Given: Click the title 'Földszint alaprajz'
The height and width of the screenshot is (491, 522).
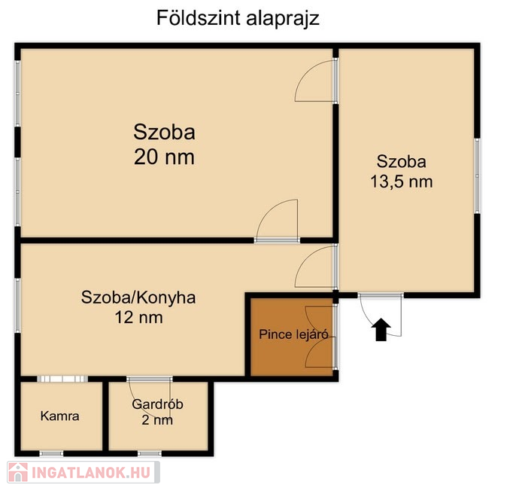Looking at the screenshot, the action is pos(238,18).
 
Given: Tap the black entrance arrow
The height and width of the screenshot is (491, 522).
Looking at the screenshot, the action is pos(381,330).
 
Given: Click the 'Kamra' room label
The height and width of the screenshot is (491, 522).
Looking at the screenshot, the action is pos(60,416).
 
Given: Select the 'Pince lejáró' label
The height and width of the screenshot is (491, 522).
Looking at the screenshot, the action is pos(293,334).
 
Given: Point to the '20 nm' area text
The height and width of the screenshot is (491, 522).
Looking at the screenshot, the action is pos(164,157).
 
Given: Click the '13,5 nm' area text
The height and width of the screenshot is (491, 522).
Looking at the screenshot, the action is pos(402,182).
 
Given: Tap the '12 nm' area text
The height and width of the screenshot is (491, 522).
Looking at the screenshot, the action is pos(139,317).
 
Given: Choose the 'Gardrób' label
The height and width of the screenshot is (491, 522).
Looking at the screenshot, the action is pos(157,404).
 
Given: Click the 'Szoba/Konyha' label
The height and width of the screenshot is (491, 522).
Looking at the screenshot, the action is pos(138,297).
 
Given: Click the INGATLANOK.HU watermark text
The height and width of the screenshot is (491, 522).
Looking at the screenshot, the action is pos(90,473).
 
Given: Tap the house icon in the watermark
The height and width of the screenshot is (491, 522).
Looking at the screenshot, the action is pos(18,472).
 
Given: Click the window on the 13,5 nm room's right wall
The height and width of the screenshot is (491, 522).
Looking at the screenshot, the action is pos(477,175).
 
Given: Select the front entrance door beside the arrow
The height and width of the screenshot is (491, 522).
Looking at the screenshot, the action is pos(381,315).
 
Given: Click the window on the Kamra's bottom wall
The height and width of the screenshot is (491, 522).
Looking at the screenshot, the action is pos(51,453).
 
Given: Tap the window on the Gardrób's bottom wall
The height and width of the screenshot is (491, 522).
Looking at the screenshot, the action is pos(150,453).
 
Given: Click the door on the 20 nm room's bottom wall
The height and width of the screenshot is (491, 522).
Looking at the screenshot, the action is pos(277,221).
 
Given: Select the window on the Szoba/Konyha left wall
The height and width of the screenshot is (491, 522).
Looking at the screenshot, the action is pos(17,305).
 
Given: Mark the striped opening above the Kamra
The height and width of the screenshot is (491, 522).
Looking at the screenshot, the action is pos(62,379).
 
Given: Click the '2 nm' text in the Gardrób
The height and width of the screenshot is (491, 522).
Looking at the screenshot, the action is pos(157,419).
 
